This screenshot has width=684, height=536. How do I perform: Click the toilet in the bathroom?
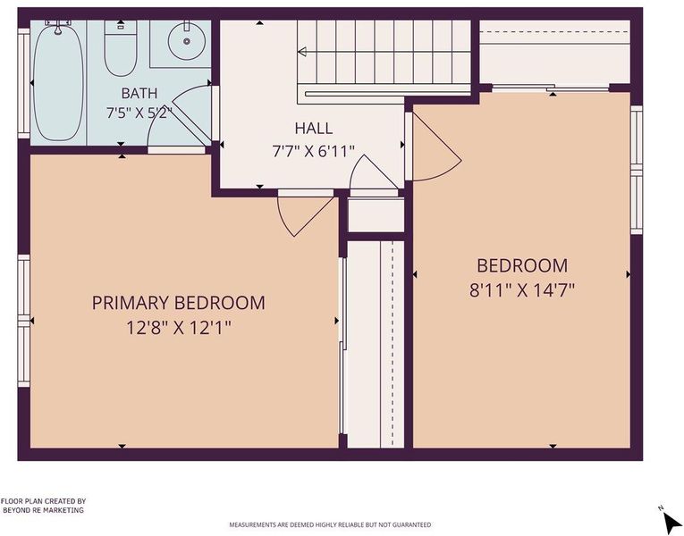tap(121, 48)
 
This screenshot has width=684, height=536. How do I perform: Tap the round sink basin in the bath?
tap(187, 41)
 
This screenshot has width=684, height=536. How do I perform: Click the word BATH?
tap(139, 93)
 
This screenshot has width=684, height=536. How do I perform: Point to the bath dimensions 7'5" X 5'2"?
tap(139, 113)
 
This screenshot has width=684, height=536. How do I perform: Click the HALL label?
tap(314, 129)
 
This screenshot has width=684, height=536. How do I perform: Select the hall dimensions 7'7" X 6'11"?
tap(313, 152)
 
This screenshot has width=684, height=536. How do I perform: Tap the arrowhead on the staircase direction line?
tap(302, 52)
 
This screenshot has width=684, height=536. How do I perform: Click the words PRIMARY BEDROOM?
tap(179, 303)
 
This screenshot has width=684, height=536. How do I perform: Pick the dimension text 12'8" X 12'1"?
tap(179, 327)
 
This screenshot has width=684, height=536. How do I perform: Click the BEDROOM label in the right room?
tap(522, 266)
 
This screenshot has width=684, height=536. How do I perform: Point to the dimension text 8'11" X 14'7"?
tap(522, 289)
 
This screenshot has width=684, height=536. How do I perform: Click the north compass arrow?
tap(671, 521)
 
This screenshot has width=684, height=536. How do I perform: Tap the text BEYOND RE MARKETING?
tap(43, 510)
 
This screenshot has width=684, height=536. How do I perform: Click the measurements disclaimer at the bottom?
tap(330, 524)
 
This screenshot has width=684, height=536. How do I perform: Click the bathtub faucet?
tap(57, 27)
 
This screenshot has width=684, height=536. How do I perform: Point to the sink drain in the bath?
tap(187, 41)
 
